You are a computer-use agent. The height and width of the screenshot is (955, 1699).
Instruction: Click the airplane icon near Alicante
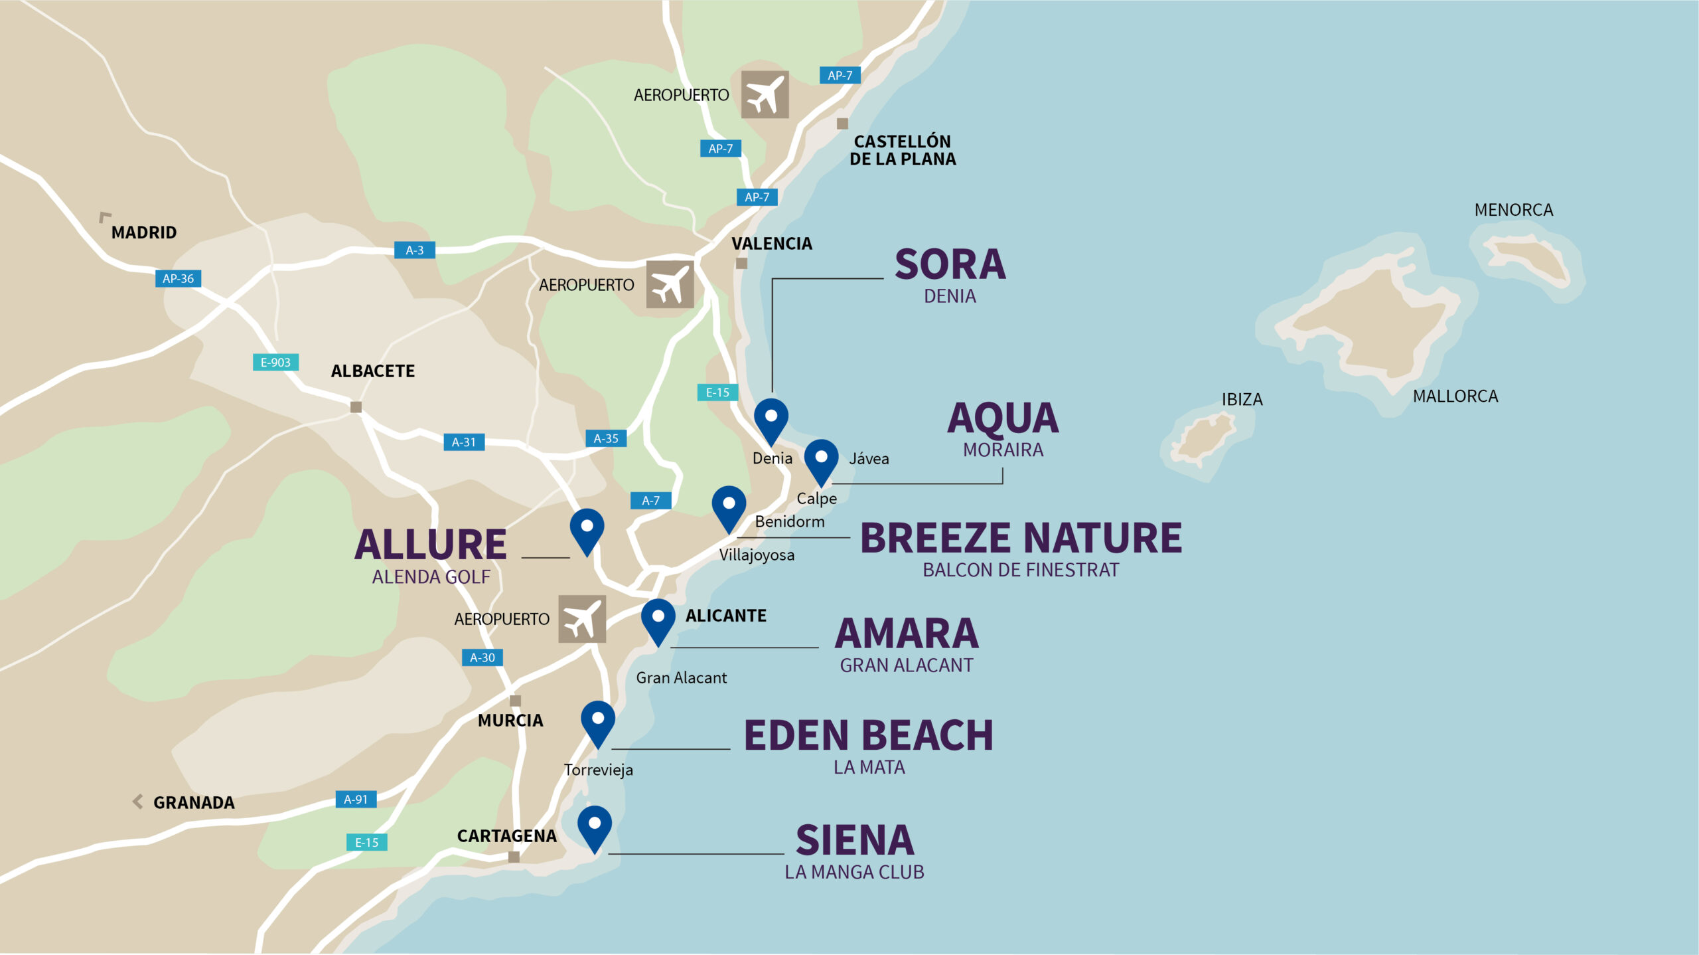[x=581, y=619]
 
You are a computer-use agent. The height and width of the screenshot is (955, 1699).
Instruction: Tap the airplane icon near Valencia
[x=670, y=284]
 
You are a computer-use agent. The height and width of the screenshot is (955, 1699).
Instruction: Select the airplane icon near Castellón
[x=765, y=94]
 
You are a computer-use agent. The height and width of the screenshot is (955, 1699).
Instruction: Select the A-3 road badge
[x=415, y=250]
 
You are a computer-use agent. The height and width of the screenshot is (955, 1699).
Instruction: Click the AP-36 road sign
[x=178, y=279]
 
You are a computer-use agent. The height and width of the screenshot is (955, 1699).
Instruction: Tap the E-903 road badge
[x=275, y=363]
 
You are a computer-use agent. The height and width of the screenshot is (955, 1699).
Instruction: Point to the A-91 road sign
[x=356, y=800]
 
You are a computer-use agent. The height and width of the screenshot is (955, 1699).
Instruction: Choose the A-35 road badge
[x=605, y=439]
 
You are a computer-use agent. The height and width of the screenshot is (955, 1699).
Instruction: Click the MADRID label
[x=144, y=232]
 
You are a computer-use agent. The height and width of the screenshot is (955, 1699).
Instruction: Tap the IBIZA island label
[x=1242, y=400]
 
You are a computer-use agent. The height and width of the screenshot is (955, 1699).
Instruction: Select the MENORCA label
[x=1513, y=211]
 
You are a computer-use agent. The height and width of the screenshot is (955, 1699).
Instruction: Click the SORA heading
[x=950, y=265]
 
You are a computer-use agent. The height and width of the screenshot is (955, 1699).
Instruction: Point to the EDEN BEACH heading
[x=868, y=736]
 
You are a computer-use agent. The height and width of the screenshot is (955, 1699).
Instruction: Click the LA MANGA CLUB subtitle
[x=854, y=872]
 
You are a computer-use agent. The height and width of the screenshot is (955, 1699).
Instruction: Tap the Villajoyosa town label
[x=757, y=555]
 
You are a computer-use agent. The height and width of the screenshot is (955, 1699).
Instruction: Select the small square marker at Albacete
[x=356, y=407]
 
